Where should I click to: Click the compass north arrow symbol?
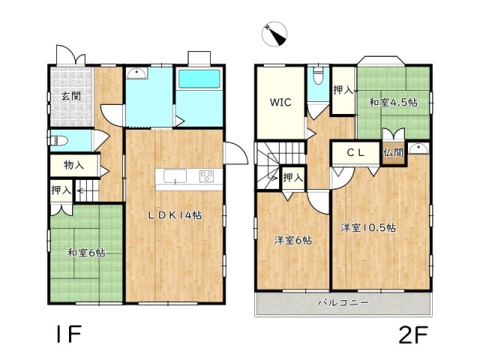[x=274, y=34]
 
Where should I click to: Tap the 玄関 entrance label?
[x=71, y=96]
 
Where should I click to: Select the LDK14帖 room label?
[x=175, y=215]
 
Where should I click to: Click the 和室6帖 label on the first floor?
[x=86, y=253]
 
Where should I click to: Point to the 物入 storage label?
[x=73, y=165]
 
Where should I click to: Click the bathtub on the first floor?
[x=199, y=79]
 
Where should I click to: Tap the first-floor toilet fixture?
[x=57, y=141]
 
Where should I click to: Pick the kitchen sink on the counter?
[x=175, y=176]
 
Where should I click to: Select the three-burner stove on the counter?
[x=207, y=176]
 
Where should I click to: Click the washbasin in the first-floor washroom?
[x=136, y=73]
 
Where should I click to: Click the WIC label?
[x=280, y=102]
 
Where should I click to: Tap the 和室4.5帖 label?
[x=393, y=102]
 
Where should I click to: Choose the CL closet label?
[x=356, y=152]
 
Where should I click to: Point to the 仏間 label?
[x=393, y=152]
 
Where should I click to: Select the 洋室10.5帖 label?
[x=368, y=228]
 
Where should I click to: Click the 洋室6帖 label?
[x=293, y=240]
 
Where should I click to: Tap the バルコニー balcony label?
[x=343, y=303]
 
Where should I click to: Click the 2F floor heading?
[x=413, y=335]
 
